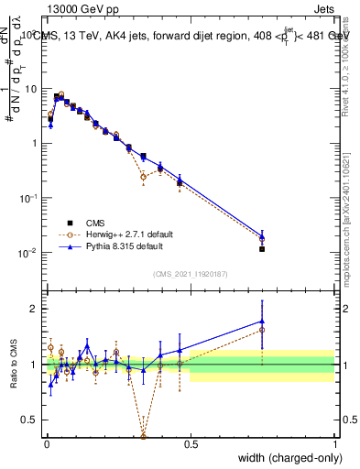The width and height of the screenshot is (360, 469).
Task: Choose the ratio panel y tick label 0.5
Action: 30,420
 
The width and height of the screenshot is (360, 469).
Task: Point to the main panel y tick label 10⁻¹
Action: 29,198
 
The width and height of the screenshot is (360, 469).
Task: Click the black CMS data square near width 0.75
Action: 262,248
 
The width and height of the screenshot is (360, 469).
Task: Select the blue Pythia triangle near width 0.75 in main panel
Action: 262,237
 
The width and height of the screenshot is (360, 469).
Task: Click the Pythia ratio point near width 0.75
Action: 262,321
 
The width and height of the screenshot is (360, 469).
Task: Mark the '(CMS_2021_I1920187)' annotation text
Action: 190,274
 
